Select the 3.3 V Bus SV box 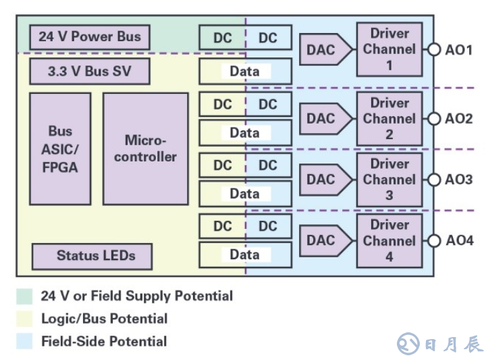[x=89, y=71]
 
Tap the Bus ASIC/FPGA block [x=60, y=149]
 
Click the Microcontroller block [x=145, y=149]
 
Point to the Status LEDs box [x=92, y=256]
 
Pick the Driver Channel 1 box [x=389, y=49]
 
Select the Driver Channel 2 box [x=389, y=118]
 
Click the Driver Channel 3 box [x=389, y=180]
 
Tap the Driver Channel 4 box [x=389, y=240]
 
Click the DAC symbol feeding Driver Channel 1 [x=325, y=49]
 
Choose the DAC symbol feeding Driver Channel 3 [x=325, y=180]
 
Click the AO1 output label [x=459, y=50]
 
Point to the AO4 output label [x=459, y=240]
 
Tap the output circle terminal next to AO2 [x=433, y=119]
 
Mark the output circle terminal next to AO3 [x=433, y=180]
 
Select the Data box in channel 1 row [x=245, y=71]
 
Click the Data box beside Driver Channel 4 [x=245, y=255]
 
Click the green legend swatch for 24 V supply [x=24, y=296]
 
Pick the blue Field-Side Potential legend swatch [x=24, y=341]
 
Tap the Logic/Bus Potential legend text [x=104, y=319]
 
